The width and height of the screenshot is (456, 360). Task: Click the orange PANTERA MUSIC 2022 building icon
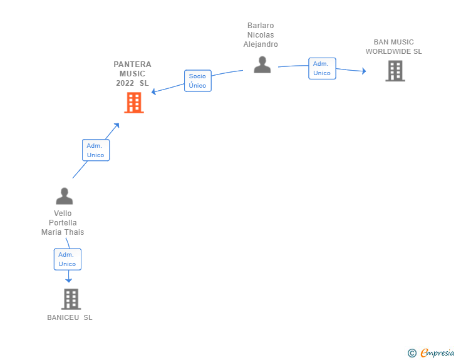tap(134, 103)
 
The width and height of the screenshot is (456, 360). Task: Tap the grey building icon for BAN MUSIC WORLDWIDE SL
tap(395, 71)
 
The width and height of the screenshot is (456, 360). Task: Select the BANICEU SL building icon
tap(71, 299)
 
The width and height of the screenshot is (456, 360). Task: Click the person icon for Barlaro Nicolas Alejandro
tap(262, 64)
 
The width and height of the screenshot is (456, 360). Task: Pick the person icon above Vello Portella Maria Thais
tap(65, 196)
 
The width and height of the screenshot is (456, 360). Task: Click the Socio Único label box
tap(198, 81)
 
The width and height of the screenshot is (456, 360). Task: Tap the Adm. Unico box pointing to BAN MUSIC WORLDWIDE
tap(322, 68)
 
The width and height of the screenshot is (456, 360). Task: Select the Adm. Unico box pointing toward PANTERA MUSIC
tap(96, 150)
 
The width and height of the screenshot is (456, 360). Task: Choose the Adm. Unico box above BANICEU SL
tap(68, 259)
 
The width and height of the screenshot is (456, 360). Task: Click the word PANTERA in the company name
tap(132, 64)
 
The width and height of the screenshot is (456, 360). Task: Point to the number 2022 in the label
tap(125, 83)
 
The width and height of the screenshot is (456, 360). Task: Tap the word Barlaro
tap(261, 26)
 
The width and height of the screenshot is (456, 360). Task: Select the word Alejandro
tap(261, 44)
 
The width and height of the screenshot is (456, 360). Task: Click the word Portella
tap(63, 223)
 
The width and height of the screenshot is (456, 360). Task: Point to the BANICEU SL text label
tap(70, 317)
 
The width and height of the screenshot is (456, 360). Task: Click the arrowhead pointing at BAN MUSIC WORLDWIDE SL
tap(364, 71)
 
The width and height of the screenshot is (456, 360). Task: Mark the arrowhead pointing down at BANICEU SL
tap(69, 280)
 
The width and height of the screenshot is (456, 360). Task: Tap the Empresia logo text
tap(437, 352)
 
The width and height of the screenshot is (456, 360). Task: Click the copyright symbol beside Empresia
tap(412, 353)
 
